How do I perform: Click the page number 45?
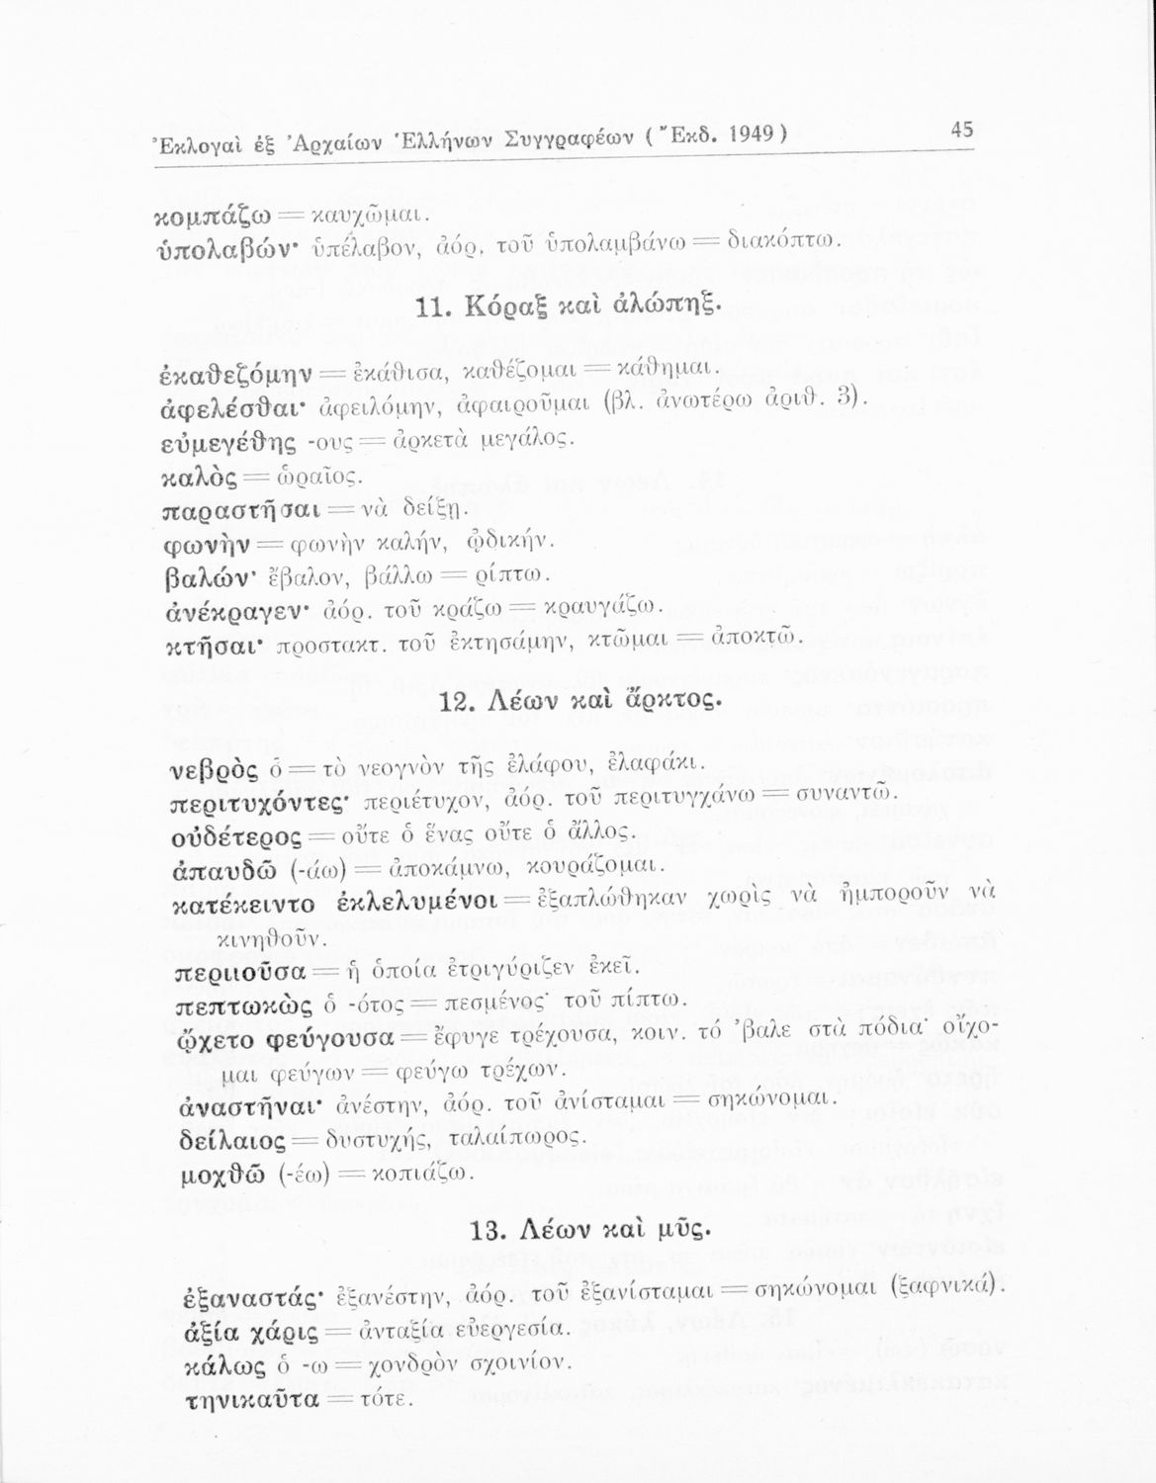[961, 130]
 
